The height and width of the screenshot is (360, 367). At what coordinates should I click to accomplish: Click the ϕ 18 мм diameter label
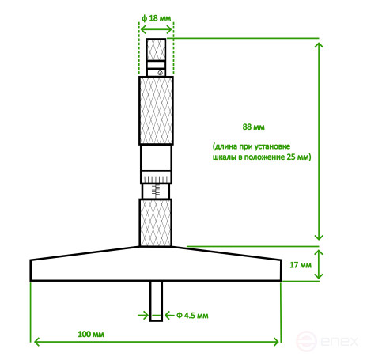click(x=157, y=18)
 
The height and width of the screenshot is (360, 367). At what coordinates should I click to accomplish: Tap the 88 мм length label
click(x=253, y=126)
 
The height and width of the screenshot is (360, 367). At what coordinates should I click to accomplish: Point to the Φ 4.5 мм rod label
click(x=192, y=316)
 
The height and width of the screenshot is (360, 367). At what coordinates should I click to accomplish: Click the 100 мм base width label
click(x=92, y=335)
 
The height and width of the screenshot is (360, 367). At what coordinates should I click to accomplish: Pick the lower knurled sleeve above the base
click(x=157, y=223)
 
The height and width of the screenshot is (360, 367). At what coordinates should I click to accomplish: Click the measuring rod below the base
click(x=157, y=301)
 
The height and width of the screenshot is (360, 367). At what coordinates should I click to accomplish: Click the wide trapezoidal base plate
click(x=157, y=264)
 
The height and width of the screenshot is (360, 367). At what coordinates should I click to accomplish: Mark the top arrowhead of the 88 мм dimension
click(x=319, y=44)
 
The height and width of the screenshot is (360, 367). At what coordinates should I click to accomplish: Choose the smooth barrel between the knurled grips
click(x=157, y=164)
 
